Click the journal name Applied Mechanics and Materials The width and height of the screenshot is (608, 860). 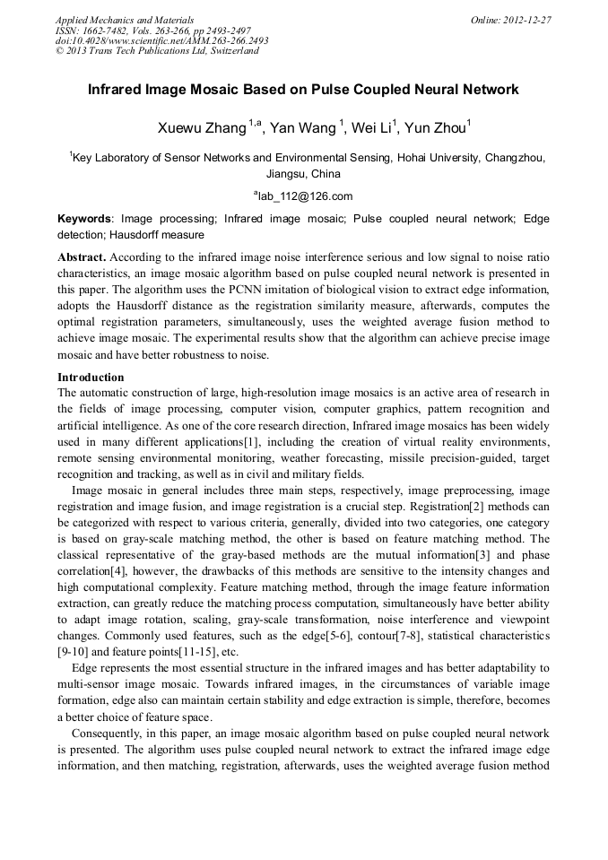124,19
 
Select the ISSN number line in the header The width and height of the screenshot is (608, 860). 152,30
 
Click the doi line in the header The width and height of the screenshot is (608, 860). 161,40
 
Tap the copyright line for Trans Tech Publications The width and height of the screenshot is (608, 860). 157,51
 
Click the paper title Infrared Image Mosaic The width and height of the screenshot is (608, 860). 303,90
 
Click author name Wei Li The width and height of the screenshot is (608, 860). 369,128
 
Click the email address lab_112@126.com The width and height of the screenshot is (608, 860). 305,196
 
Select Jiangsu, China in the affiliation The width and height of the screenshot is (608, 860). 303,174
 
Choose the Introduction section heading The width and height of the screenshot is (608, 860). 91,378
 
